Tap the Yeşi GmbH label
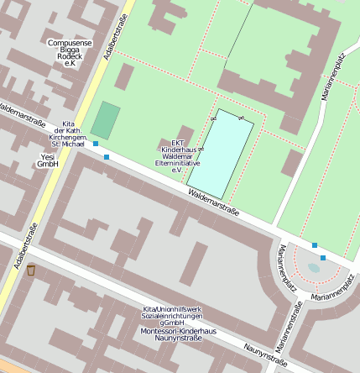tap(47, 160)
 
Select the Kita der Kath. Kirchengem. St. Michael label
tap(69, 134)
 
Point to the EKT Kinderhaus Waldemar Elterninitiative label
tap(177, 156)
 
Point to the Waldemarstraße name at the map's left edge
tap(21, 114)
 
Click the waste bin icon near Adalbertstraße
tap(31, 270)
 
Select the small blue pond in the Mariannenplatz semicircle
tap(314, 268)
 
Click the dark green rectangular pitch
tap(105, 120)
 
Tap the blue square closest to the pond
tap(323, 258)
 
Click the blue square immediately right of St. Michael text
tap(97, 144)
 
